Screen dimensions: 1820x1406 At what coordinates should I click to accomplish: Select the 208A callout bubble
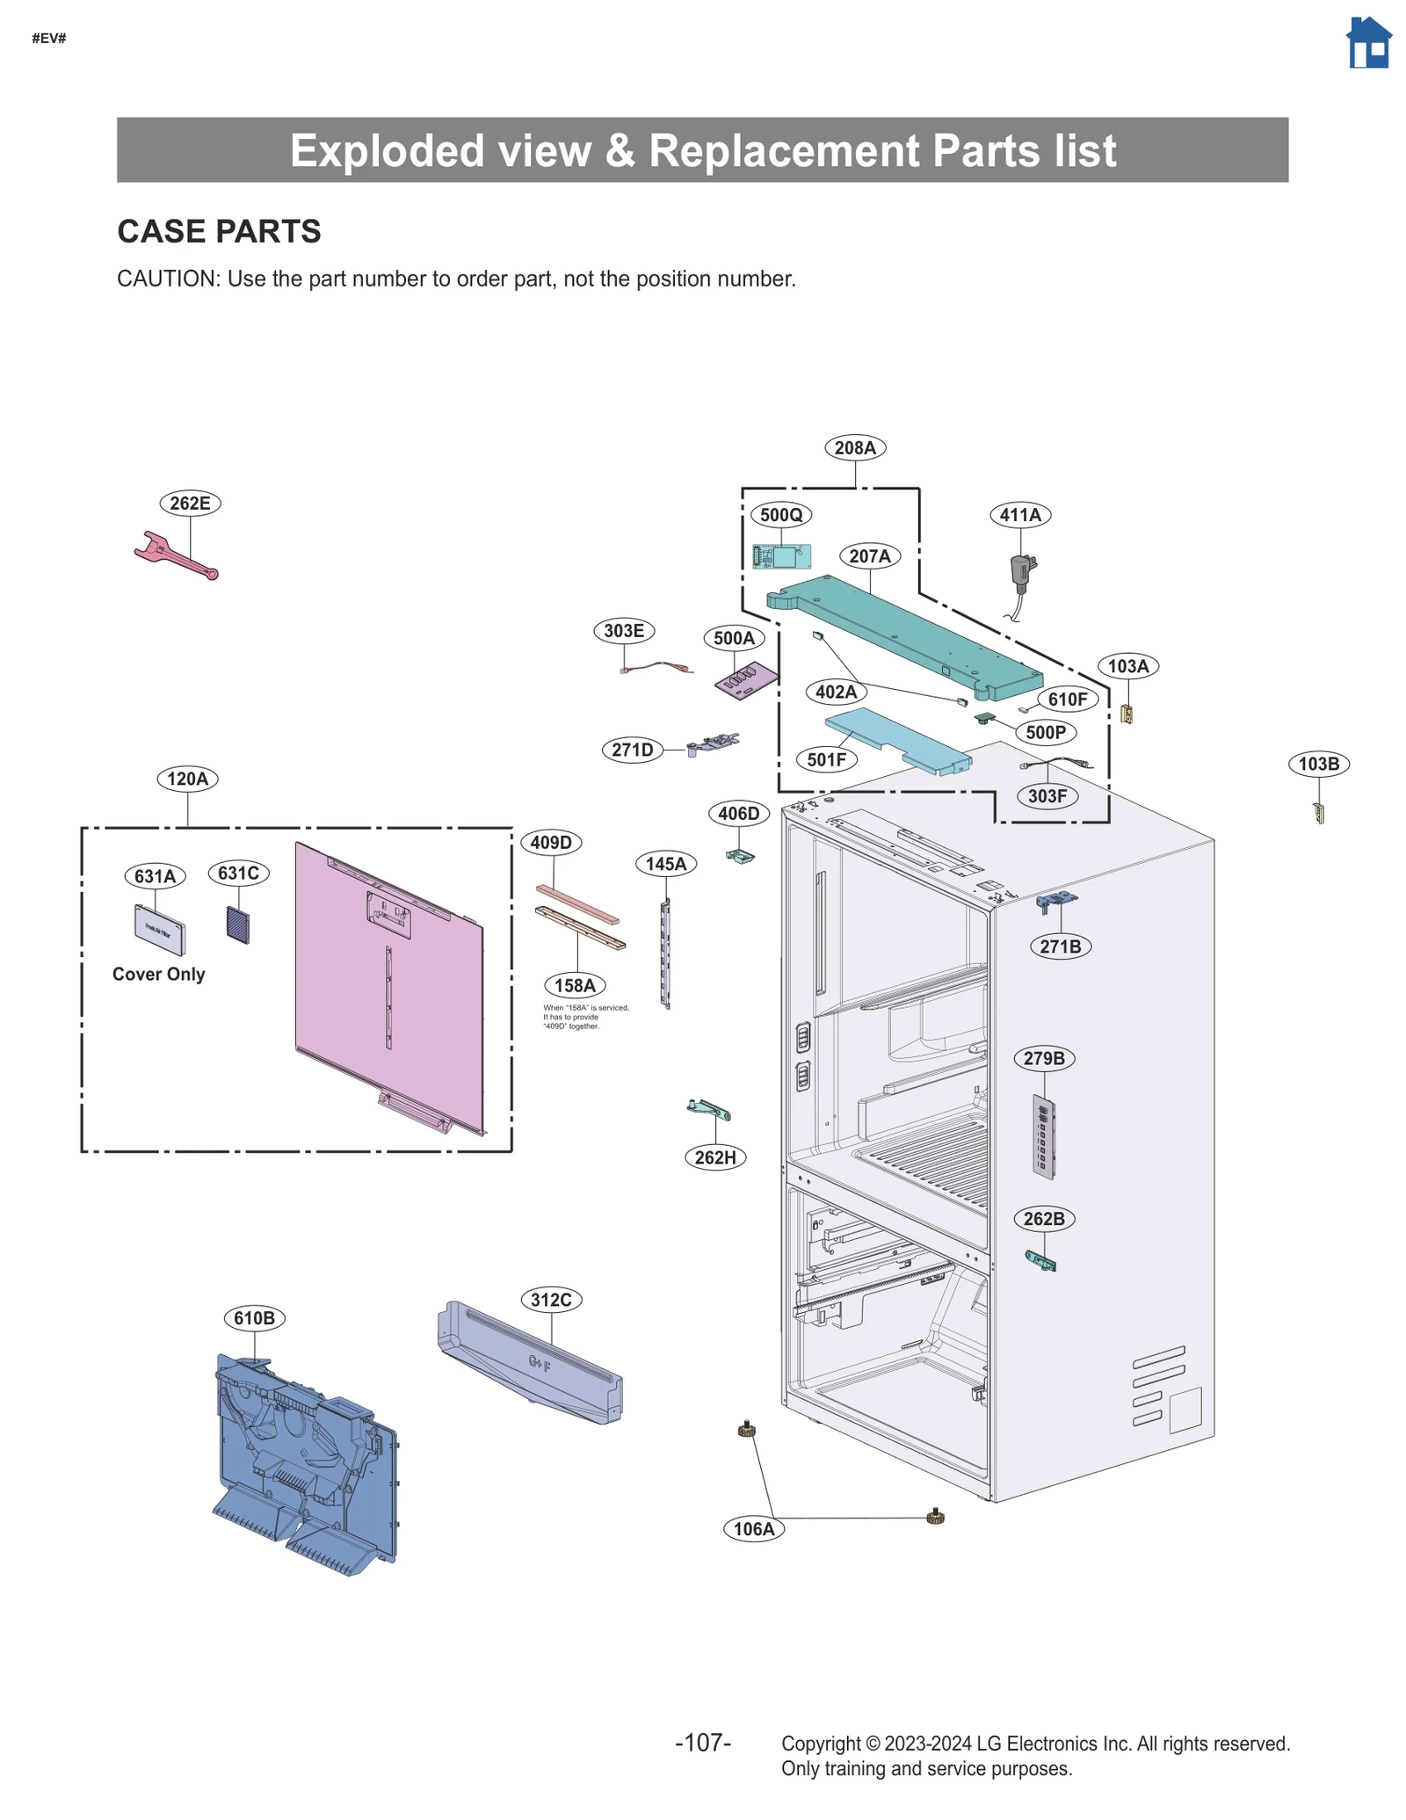[x=854, y=447]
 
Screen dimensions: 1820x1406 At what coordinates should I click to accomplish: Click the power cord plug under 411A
[x=1021, y=570]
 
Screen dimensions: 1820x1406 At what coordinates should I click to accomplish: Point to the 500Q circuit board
[x=781, y=555]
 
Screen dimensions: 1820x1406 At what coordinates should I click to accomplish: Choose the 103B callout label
[x=1318, y=764]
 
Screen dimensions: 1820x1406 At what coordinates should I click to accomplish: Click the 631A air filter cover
[x=159, y=930]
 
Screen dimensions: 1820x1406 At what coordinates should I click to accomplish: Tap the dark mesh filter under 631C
[x=238, y=925]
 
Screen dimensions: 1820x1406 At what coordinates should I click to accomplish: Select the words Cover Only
[x=158, y=974]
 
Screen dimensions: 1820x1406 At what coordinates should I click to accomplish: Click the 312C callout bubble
[x=551, y=1300]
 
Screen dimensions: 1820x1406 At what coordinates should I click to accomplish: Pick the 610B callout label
[x=254, y=1318]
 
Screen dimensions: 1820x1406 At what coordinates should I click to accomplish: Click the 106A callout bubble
[x=754, y=1529]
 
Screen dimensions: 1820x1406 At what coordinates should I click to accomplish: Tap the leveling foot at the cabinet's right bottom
[x=935, y=1516]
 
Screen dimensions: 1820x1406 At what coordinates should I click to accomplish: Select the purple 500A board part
[x=746, y=681]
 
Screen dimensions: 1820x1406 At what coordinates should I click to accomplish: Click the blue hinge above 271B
[x=1056, y=901]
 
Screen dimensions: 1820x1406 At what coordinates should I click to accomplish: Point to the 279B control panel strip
[x=1043, y=1137]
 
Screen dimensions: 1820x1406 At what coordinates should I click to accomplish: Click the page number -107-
[x=702, y=1743]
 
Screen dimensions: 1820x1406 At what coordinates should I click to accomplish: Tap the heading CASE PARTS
[x=219, y=231]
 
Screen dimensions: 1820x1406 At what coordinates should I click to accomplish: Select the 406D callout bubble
[x=738, y=814]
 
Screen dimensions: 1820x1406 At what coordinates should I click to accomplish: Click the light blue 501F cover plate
[x=896, y=740]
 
